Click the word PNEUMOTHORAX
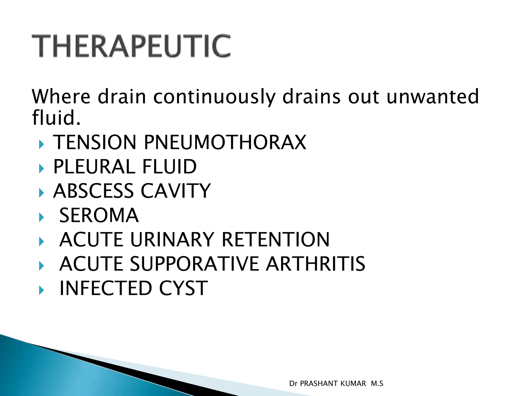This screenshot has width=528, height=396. [x=225, y=142]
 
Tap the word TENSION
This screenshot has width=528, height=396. [x=95, y=142]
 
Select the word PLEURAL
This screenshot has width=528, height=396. [x=94, y=167]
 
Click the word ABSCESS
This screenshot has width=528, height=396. [x=93, y=191]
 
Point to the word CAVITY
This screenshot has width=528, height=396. [x=176, y=191]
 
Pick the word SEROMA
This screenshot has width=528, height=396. [x=99, y=215]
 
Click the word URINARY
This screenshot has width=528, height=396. [x=172, y=240]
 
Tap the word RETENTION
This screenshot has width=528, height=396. [x=275, y=240]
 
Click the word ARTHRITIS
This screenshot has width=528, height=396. [x=316, y=264]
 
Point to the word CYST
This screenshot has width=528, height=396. [x=183, y=288]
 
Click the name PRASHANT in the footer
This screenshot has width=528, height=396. [x=333, y=384]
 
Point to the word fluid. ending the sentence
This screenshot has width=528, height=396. [x=56, y=118]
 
